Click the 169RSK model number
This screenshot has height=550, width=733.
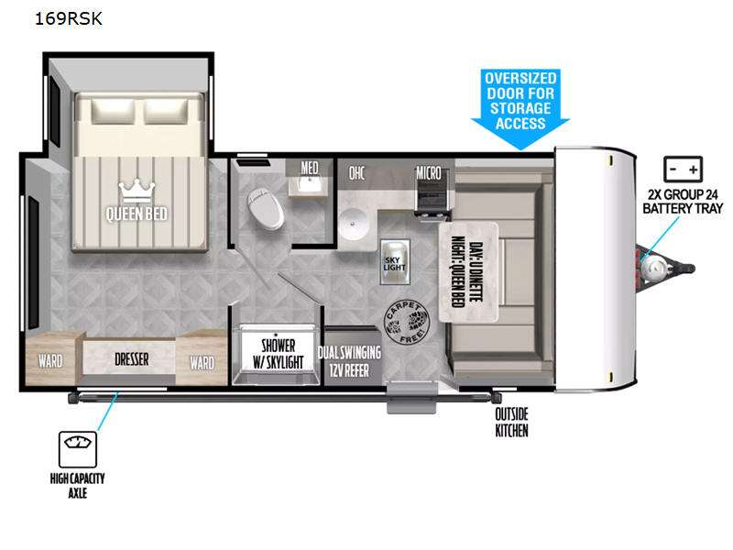68,18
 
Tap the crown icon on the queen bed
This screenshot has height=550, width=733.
137,192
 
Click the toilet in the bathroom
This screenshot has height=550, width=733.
266,209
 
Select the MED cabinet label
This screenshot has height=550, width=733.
310,168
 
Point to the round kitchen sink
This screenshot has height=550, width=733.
353,223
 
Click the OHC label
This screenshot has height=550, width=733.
356,173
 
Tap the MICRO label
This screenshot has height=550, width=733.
429,172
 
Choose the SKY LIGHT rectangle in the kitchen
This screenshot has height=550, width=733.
395,262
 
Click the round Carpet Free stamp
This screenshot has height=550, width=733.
406,323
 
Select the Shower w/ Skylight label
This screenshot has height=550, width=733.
279,354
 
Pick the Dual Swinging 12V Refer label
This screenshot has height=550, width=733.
349,361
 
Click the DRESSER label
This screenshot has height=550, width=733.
132,359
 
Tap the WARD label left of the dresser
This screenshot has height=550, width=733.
50,361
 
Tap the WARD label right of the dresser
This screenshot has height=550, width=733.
202,362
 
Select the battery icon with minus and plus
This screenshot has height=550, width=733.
683,170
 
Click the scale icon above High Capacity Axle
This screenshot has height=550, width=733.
78,449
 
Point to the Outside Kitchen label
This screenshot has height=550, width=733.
511,423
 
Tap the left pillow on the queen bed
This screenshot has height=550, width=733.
113,111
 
